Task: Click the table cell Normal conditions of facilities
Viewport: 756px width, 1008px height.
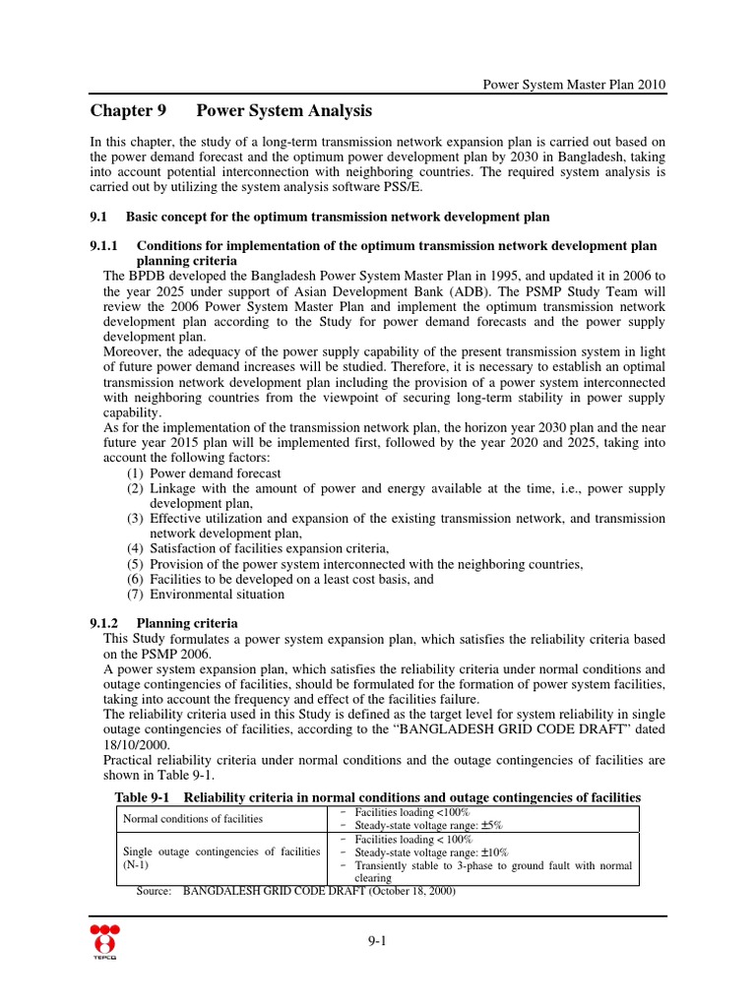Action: point(192,818)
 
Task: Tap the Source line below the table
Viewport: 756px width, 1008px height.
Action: point(295,892)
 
